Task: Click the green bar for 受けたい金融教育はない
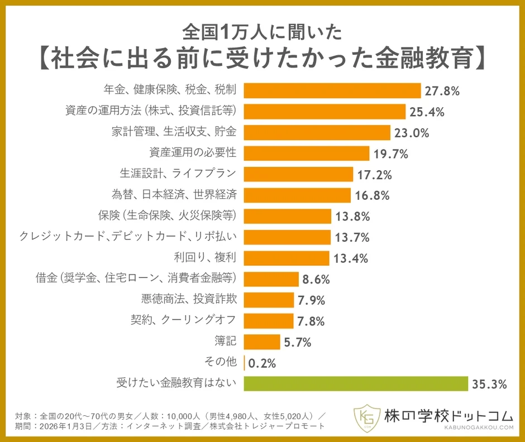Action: [356, 383]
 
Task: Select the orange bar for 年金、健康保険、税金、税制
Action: [332, 90]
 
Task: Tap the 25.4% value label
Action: [427, 112]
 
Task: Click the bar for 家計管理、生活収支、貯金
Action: [317, 132]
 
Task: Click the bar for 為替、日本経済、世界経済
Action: [297, 195]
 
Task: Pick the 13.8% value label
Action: [352, 216]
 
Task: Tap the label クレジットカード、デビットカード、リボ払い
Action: [128, 237]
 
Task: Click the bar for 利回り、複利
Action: [287, 258]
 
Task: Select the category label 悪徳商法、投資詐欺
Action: [190, 300]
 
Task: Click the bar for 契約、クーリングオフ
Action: [269, 320]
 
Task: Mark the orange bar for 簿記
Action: [262, 342]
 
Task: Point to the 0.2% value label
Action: [262, 363]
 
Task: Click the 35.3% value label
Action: [489, 384]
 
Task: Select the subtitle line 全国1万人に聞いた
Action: [262, 33]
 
